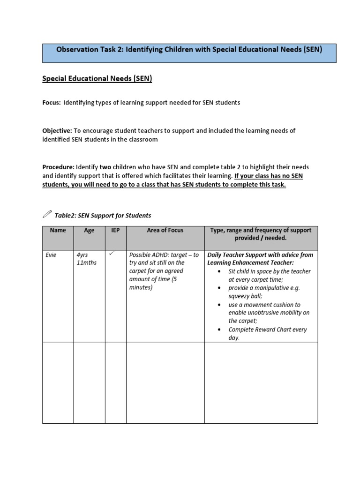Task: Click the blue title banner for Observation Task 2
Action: [x=189, y=52]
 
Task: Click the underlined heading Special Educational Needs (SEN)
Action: [x=97, y=79]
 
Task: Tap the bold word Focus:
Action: [x=52, y=103]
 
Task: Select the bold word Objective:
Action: [x=57, y=131]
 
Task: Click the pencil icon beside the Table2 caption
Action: [x=48, y=215]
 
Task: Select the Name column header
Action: [x=58, y=230]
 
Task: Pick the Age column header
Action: [x=89, y=230]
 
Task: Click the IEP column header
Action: [x=115, y=230]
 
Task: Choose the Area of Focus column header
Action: [x=165, y=230]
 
